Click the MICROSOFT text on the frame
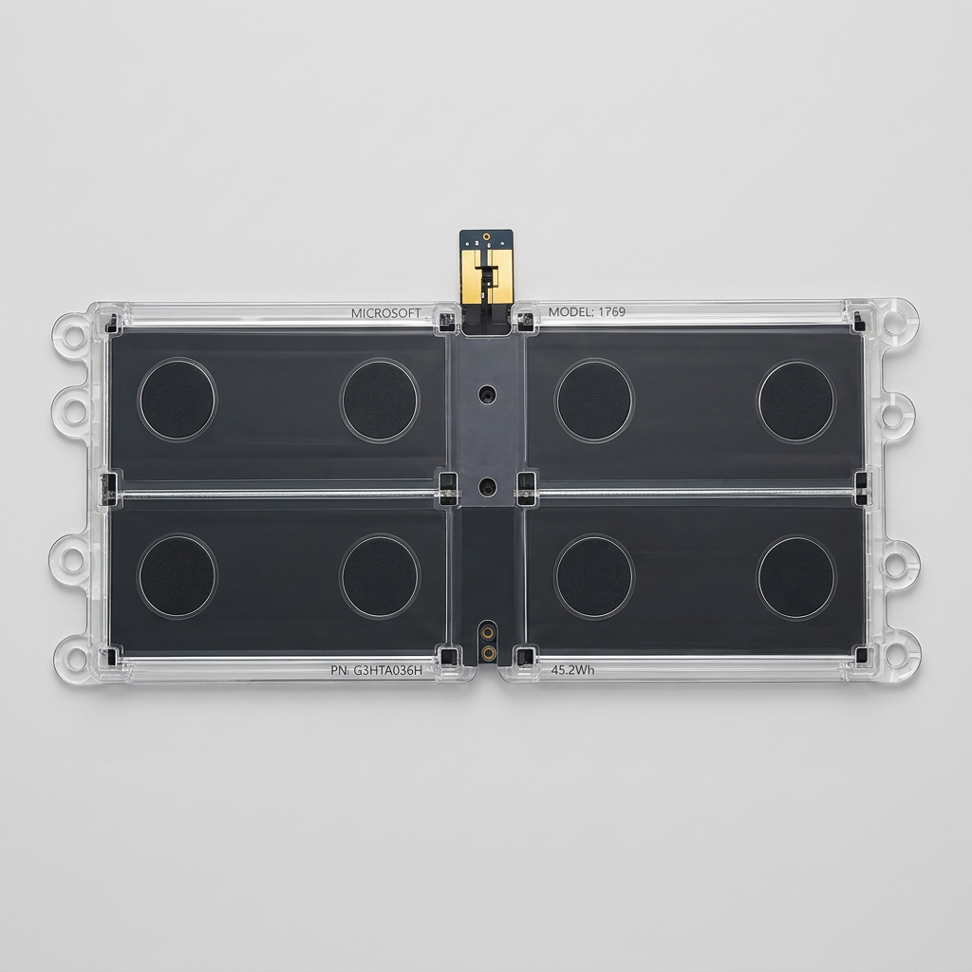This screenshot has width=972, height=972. pyautogui.click(x=385, y=313)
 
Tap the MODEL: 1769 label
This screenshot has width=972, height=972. pyautogui.click(x=587, y=311)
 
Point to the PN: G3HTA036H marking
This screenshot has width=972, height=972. pyautogui.click(x=376, y=670)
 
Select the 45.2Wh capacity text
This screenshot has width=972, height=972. pyautogui.click(x=572, y=669)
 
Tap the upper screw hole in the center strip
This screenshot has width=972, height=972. pyautogui.click(x=487, y=394)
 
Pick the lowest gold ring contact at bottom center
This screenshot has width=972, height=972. pyautogui.click(x=488, y=652)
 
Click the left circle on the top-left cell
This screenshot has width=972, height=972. pyautogui.click(x=178, y=400)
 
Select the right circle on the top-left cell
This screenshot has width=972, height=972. pyautogui.click(x=380, y=401)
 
